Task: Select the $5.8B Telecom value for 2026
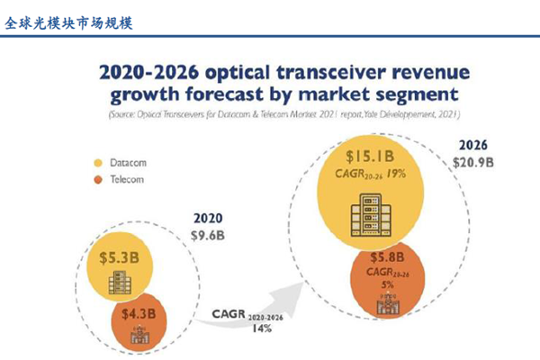click(x=389, y=257)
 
